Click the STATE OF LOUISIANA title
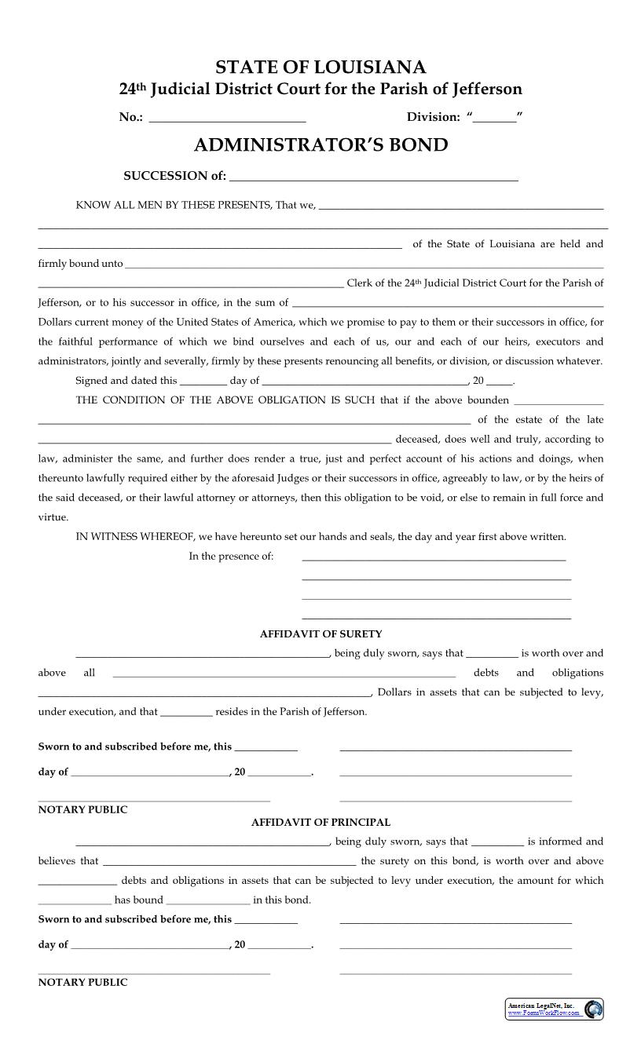point(320,67)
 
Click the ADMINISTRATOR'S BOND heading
point(320,145)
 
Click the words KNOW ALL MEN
point(115,205)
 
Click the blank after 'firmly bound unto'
point(364,265)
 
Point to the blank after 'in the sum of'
point(447,304)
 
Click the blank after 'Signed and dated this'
point(203,382)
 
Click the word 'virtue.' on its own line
point(53,517)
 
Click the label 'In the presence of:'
point(231,557)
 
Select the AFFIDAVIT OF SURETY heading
point(320,633)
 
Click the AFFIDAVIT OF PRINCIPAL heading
point(320,823)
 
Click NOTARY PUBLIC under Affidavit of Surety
point(82,809)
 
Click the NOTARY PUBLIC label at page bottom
point(82,982)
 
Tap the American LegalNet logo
point(554,1009)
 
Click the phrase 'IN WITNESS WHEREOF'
point(134,537)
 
